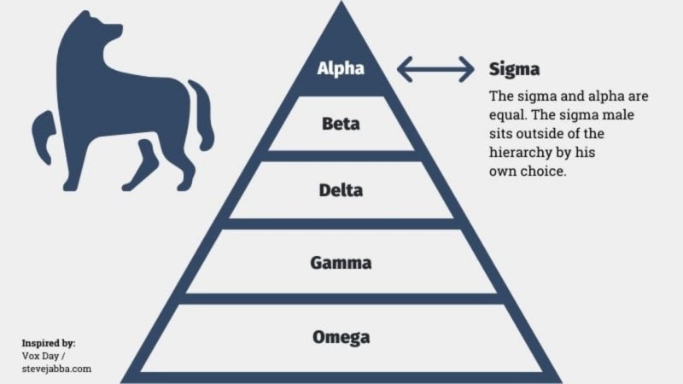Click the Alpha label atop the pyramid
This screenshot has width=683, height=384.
(341, 68)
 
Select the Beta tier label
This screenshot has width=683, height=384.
(341, 124)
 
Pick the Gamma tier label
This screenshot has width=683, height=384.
(341, 262)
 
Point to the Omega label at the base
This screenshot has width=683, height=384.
(341, 336)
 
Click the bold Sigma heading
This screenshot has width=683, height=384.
(514, 68)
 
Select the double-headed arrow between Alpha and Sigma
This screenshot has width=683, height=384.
(435, 69)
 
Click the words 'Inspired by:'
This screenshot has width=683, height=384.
(49, 342)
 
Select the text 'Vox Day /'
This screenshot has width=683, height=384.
(43, 355)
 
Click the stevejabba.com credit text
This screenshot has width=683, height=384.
(56, 369)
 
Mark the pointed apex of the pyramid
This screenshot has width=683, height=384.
(341, 7)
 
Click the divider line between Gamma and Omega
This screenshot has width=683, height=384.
(341, 298)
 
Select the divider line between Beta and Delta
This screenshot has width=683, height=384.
(341, 155)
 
